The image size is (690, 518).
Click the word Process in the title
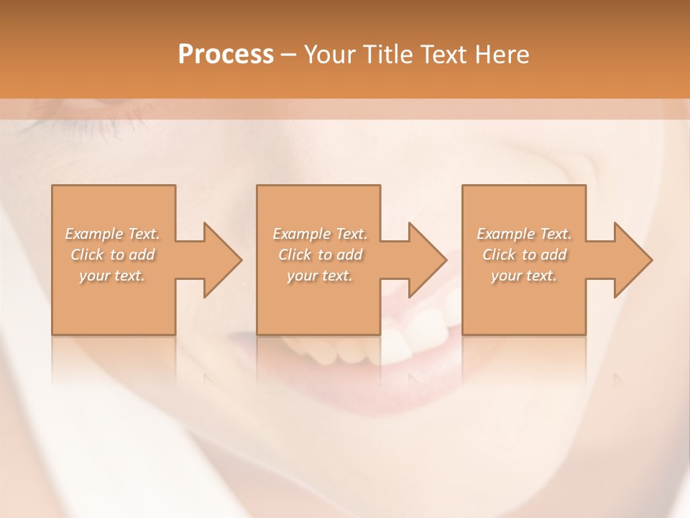click(226, 55)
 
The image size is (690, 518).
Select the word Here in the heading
click(501, 55)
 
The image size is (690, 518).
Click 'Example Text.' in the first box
click(112, 234)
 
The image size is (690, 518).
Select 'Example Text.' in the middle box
click(319, 234)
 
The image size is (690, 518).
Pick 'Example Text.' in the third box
click(524, 234)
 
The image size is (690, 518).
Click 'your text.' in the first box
click(112, 276)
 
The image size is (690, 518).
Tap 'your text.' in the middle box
click(319, 276)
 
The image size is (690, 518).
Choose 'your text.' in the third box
click(524, 276)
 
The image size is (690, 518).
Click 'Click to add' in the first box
click(112, 255)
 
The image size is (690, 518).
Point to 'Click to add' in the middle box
click(319, 255)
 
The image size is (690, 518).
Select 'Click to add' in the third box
click(524, 255)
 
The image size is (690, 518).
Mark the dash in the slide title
click(289, 55)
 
